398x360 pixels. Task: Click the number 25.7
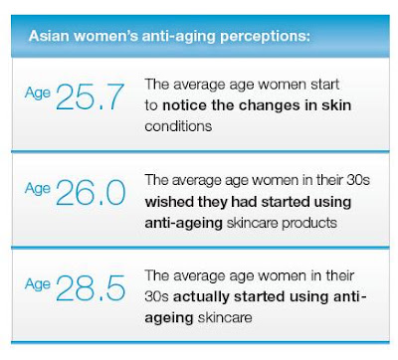click(90, 96)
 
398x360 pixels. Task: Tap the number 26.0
click(91, 193)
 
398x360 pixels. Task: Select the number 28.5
click(91, 288)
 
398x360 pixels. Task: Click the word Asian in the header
click(49, 36)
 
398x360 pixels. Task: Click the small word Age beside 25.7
click(38, 93)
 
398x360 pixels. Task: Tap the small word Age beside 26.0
click(38, 189)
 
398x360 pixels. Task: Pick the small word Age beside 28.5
click(38, 284)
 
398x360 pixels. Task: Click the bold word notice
click(184, 105)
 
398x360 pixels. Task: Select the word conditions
click(178, 126)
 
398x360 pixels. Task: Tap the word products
click(309, 223)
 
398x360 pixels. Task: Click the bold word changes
click(270, 106)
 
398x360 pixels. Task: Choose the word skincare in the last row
click(225, 318)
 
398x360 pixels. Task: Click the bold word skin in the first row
click(336, 105)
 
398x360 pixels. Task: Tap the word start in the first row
click(324, 85)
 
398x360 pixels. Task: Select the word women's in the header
click(105, 36)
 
